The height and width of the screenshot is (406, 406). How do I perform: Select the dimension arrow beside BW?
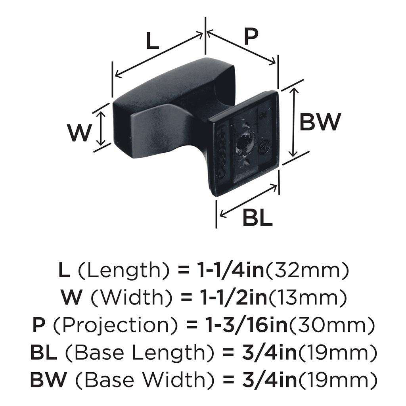pyautogui.click(x=293, y=122)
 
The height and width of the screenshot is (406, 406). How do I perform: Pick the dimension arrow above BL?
pyautogui.click(x=247, y=201)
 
